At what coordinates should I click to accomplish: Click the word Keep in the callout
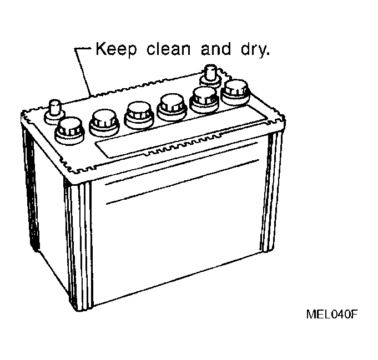(116, 49)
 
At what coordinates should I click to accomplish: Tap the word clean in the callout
(168, 49)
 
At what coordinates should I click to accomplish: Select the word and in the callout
(216, 49)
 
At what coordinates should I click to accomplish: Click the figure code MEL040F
(332, 314)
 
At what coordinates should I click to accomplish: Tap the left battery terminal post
(54, 112)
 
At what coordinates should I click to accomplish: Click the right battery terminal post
(211, 75)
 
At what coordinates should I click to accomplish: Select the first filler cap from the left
(70, 131)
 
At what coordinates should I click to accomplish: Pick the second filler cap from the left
(104, 123)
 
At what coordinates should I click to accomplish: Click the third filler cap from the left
(139, 115)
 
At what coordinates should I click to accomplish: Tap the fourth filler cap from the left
(172, 108)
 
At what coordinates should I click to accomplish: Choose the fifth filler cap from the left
(204, 100)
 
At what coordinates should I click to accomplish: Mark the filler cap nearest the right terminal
(235, 93)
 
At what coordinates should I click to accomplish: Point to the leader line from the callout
(83, 71)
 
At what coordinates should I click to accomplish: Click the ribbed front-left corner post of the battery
(78, 246)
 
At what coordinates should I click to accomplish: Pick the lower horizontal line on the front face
(183, 182)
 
